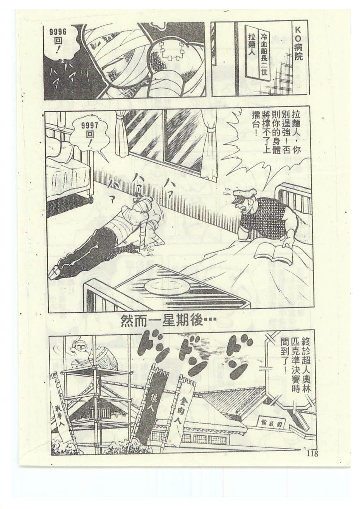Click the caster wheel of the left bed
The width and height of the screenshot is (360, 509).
pyautogui.click(x=91, y=199)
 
